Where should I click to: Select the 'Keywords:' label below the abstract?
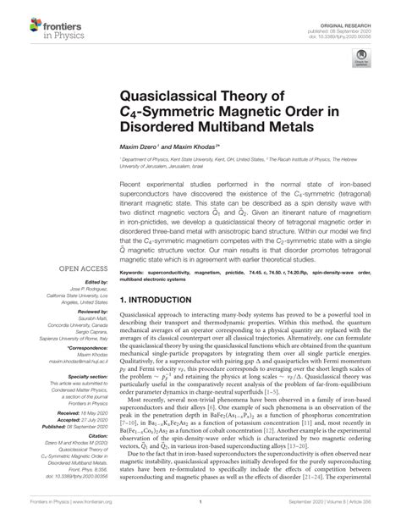pyautogui.click(x=134, y=250)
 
